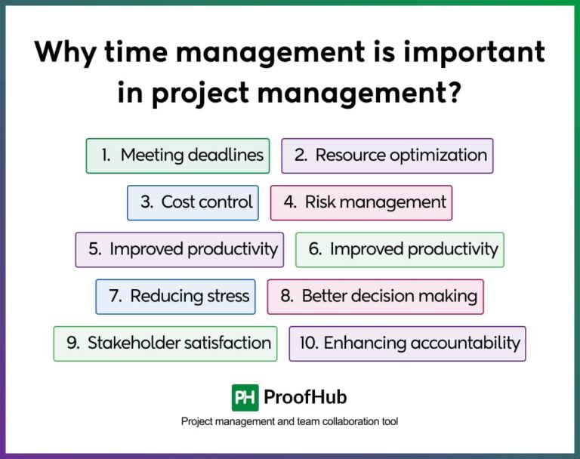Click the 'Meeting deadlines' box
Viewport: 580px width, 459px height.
pyautogui.click(x=177, y=156)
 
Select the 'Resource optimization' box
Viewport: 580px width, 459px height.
pyautogui.click(x=387, y=156)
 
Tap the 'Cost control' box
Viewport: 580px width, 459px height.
pyautogui.click(x=193, y=202)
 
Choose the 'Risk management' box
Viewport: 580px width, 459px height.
pyautogui.click(x=361, y=202)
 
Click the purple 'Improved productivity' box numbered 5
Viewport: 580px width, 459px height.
pyautogui.click(x=180, y=249)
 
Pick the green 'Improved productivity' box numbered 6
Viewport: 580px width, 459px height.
pyautogui.click(x=400, y=249)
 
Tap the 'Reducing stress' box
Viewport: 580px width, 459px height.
pyautogui.click(x=175, y=296)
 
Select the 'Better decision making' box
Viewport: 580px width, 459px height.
pyautogui.click(x=375, y=296)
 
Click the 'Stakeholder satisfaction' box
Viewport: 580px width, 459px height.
pyautogui.click(x=165, y=343)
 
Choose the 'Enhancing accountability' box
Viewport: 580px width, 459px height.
pyautogui.click(x=407, y=343)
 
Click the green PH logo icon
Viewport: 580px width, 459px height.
pyautogui.click(x=245, y=397)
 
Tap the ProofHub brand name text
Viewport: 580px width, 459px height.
pyautogui.click(x=305, y=397)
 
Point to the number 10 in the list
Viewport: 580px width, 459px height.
pyautogui.click(x=308, y=343)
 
